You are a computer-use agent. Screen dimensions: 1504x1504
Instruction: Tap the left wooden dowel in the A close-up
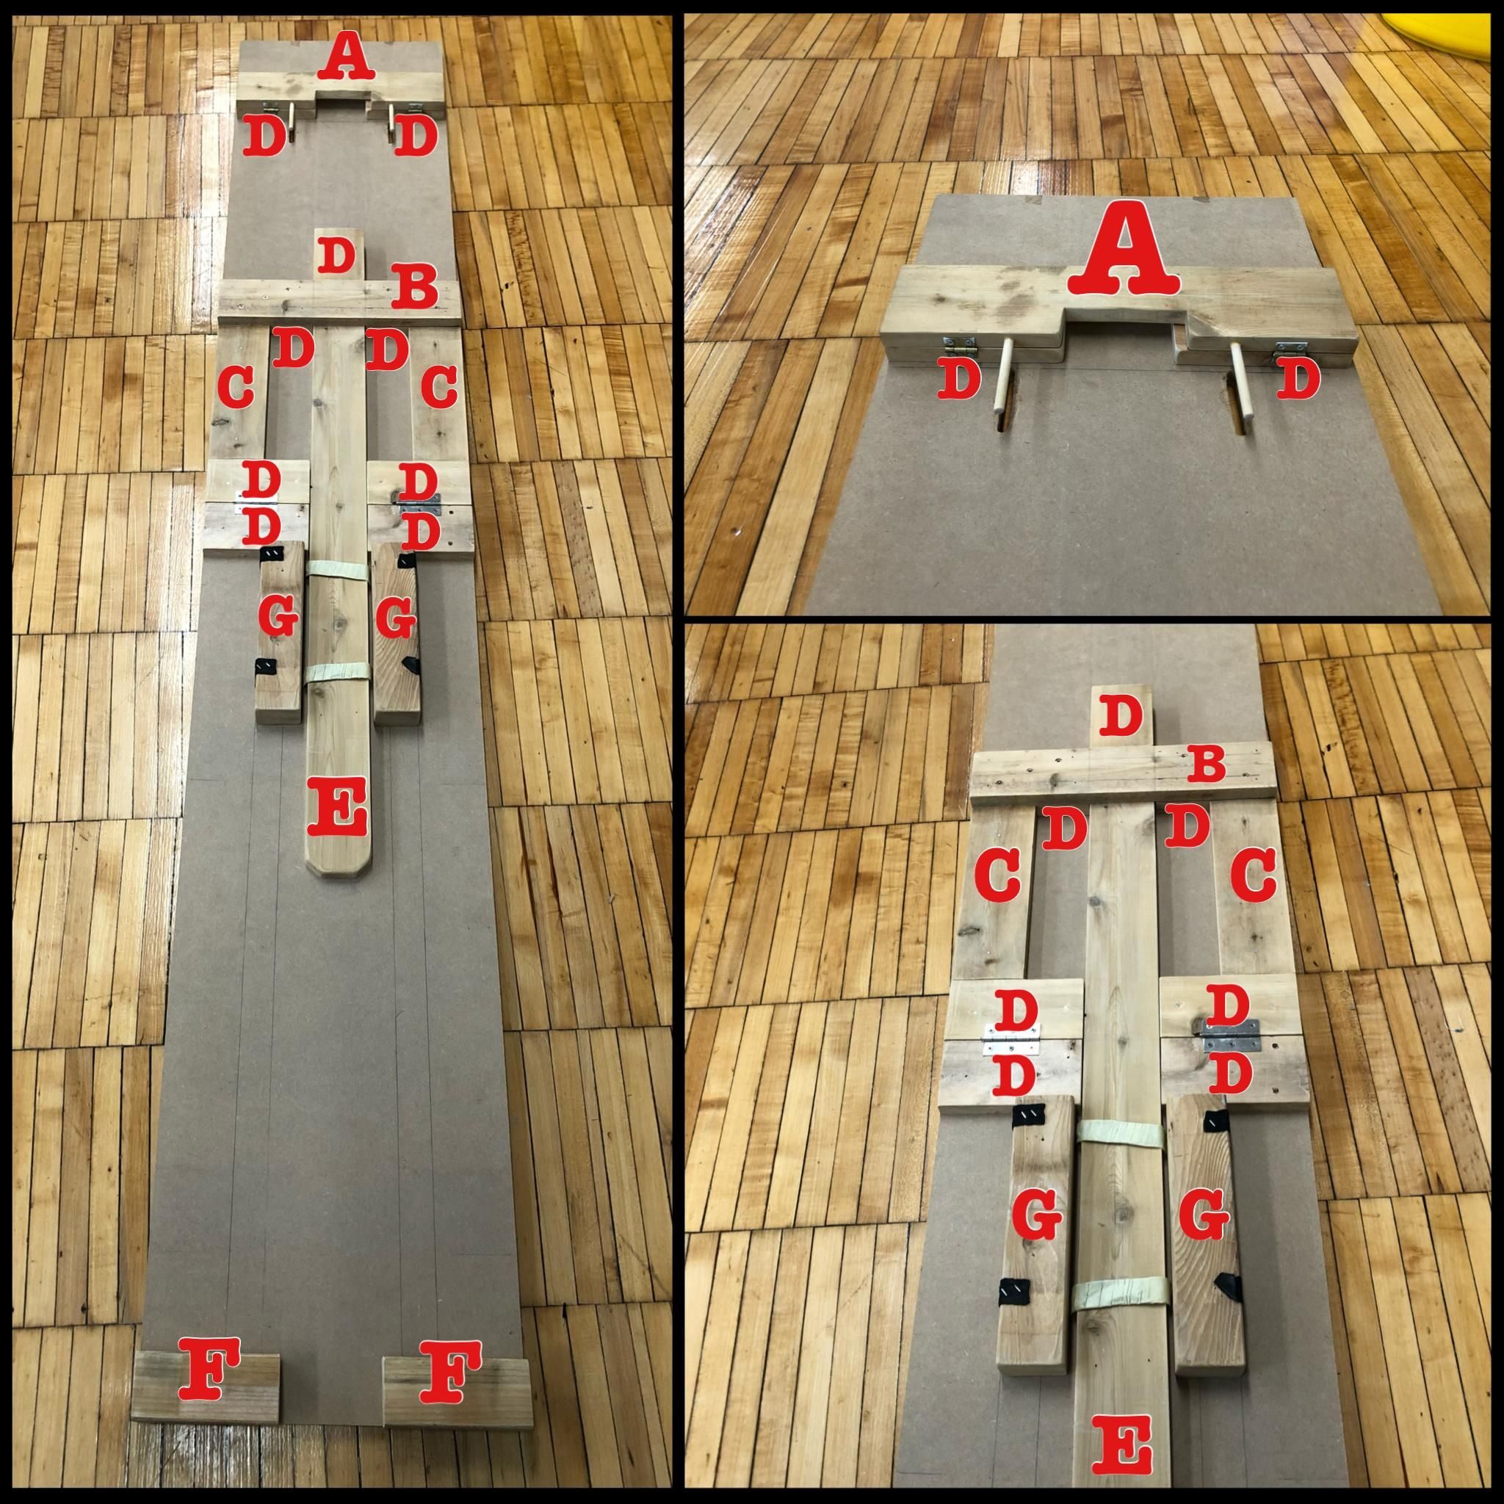pyautogui.click(x=1004, y=379)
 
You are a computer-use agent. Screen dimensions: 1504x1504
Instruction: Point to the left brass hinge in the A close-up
pyautogui.click(x=960, y=347)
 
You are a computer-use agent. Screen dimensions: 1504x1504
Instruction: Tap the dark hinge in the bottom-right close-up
pyautogui.click(x=1230, y=1037)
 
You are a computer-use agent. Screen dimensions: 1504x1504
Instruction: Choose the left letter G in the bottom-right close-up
pyautogui.click(x=1038, y=1237)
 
